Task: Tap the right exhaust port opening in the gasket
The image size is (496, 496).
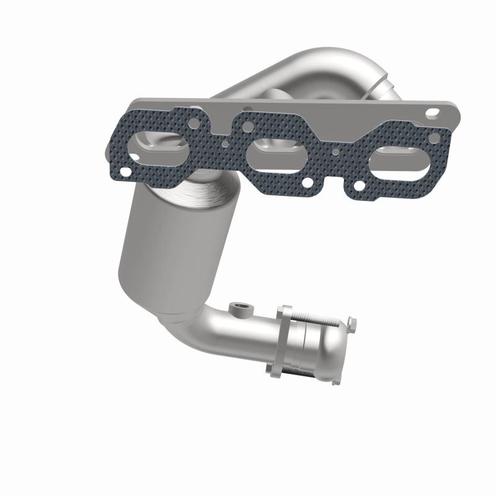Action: (394, 162)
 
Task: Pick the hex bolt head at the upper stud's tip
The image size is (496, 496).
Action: (352, 322)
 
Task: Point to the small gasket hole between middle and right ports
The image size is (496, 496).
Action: (335, 150)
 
